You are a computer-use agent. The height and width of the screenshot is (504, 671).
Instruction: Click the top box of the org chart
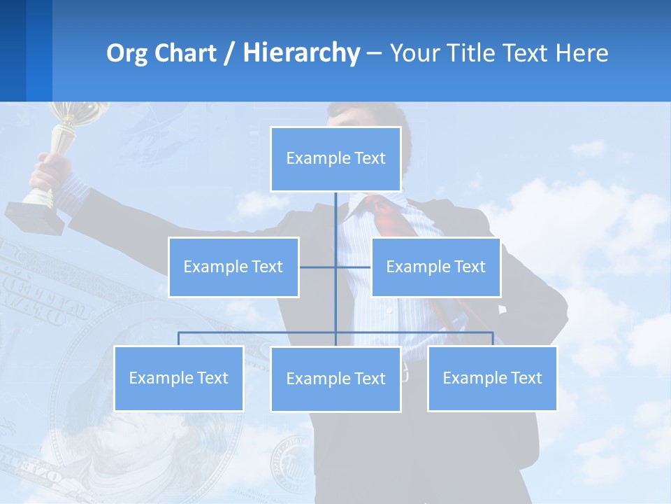coord(335,159)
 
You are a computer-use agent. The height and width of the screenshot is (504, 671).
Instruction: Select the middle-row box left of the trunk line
coord(233,267)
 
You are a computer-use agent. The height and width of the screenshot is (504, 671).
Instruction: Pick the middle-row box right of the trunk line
coord(435,267)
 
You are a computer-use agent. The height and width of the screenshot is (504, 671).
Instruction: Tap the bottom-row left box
coord(179,378)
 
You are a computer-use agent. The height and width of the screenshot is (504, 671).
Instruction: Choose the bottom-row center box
coord(335,379)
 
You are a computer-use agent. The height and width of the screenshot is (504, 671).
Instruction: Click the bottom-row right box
coord(492,378)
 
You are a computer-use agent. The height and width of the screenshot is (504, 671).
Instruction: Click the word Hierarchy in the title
coord(301,53)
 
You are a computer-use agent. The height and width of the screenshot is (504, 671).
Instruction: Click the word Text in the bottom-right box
coord(526,378)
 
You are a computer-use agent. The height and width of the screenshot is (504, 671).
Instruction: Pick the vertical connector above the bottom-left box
coord(179,339)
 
